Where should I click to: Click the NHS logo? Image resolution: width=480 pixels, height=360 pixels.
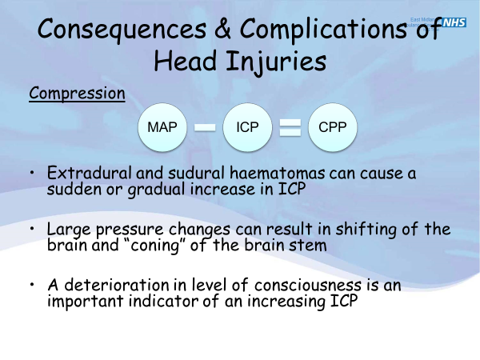[454, 22]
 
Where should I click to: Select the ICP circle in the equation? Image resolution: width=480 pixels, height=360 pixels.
[248, 127]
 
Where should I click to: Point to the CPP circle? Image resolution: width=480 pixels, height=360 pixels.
[332, 127]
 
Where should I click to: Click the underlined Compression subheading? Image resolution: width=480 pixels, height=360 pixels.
[77, 94]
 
